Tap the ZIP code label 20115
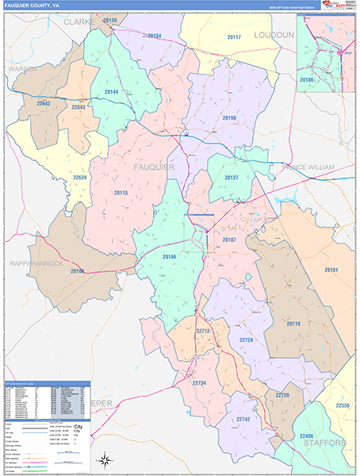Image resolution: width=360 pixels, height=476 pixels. pyautogui.click(x=121, y=193)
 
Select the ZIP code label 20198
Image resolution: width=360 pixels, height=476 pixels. pyautogui.click(x=229, y=118)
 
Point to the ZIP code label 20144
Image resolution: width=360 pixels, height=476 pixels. pyautogui.click(x=111, y=92)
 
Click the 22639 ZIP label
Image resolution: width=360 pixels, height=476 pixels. pyautogui.click(x=79, y=177)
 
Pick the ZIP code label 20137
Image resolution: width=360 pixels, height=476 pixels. pyautogui.click(x=232, y=178)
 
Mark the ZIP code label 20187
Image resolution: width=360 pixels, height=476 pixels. pyautogui.click(x=230, y=239)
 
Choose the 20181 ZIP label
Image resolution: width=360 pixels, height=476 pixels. pyautogui.click(x=331, y=271)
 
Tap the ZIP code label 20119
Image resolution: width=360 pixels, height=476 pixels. pyautogui.click(x=294, y=324)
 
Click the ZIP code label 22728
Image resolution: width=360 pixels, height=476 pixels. pyautogui.click(x=246, y=340)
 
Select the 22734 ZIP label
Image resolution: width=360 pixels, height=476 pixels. pyautogui.click(x=199, y=383)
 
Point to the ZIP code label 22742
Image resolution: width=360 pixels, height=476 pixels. pyautogui.click(x=243, y=418)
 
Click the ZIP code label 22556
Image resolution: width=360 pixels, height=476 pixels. pyautogui.click(x=342, y=405)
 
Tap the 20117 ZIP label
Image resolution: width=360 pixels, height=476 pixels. pyautogui.click(x=233, y=37)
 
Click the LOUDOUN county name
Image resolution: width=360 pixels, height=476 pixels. pyautogui.click(x=274, y=36)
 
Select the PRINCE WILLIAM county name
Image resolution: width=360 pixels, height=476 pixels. pyautogui.click(x=308, y=167)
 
